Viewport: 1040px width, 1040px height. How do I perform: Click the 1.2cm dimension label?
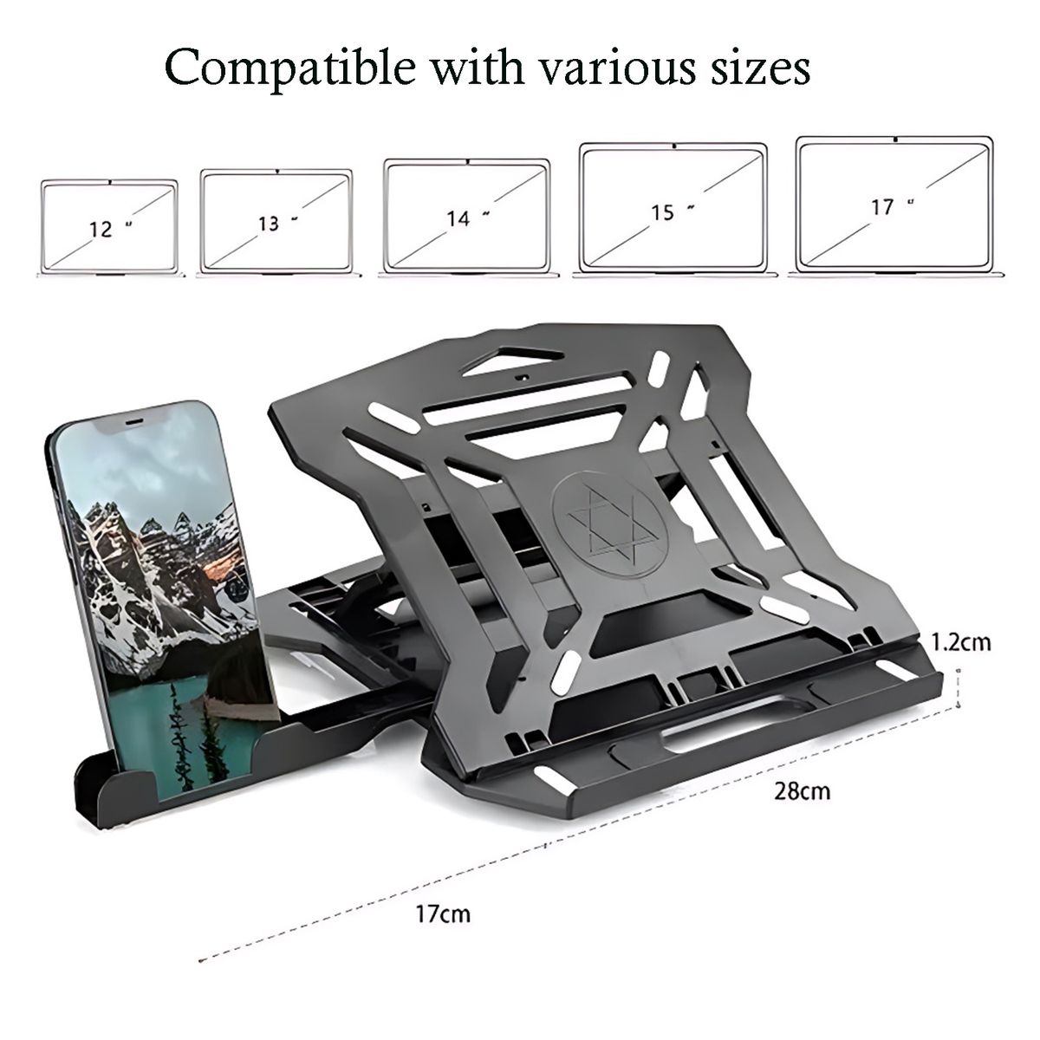click(960, 642)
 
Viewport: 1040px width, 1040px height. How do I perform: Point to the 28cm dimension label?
click(803, 792)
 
